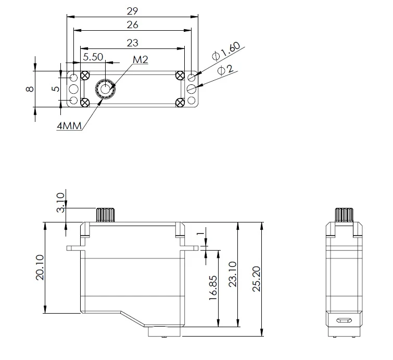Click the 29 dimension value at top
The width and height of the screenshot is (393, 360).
(x=132, y=10)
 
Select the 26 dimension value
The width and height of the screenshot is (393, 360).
(x=132, y=24)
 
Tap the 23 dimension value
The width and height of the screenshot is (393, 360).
(x=132, y=43)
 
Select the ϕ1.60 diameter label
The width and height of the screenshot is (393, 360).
(x=226, y=52)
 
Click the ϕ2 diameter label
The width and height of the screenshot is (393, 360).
(x=225, y=70)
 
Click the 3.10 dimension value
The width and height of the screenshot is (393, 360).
(x=60, y=203)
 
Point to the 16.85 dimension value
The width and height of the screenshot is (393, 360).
(x=212, y=288)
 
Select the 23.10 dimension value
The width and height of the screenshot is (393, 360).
(x=233, y=274)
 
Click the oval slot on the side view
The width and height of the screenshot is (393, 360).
(x=343, y=321)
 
